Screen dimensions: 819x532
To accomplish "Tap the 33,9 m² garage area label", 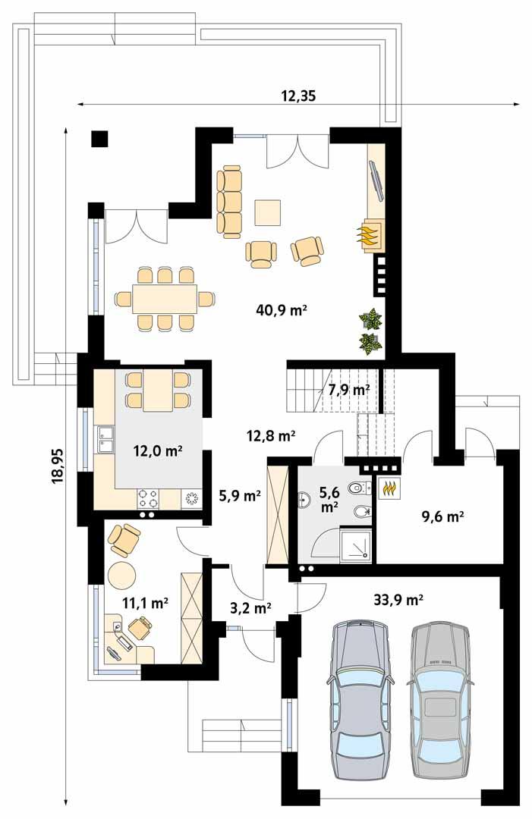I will pyautogui.click(x=398, y=600).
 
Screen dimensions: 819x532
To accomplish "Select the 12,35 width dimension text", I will pyautogui.click(x=297, y=96).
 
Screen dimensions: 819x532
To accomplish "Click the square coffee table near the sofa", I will pyautogui.click(x=268, y=212).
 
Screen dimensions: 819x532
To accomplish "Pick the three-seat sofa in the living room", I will pyautogui.click(x=230, y=201).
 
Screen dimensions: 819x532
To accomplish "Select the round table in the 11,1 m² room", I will pyautogui.click(x=121, y=576).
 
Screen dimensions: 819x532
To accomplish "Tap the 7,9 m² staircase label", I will pyautogui.click(x=348, y=390).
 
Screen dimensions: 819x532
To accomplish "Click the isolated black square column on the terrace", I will pyautogui.click(x=99, y=138).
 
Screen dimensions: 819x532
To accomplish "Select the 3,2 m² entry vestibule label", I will pyautogui.click(x=251, y=607).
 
